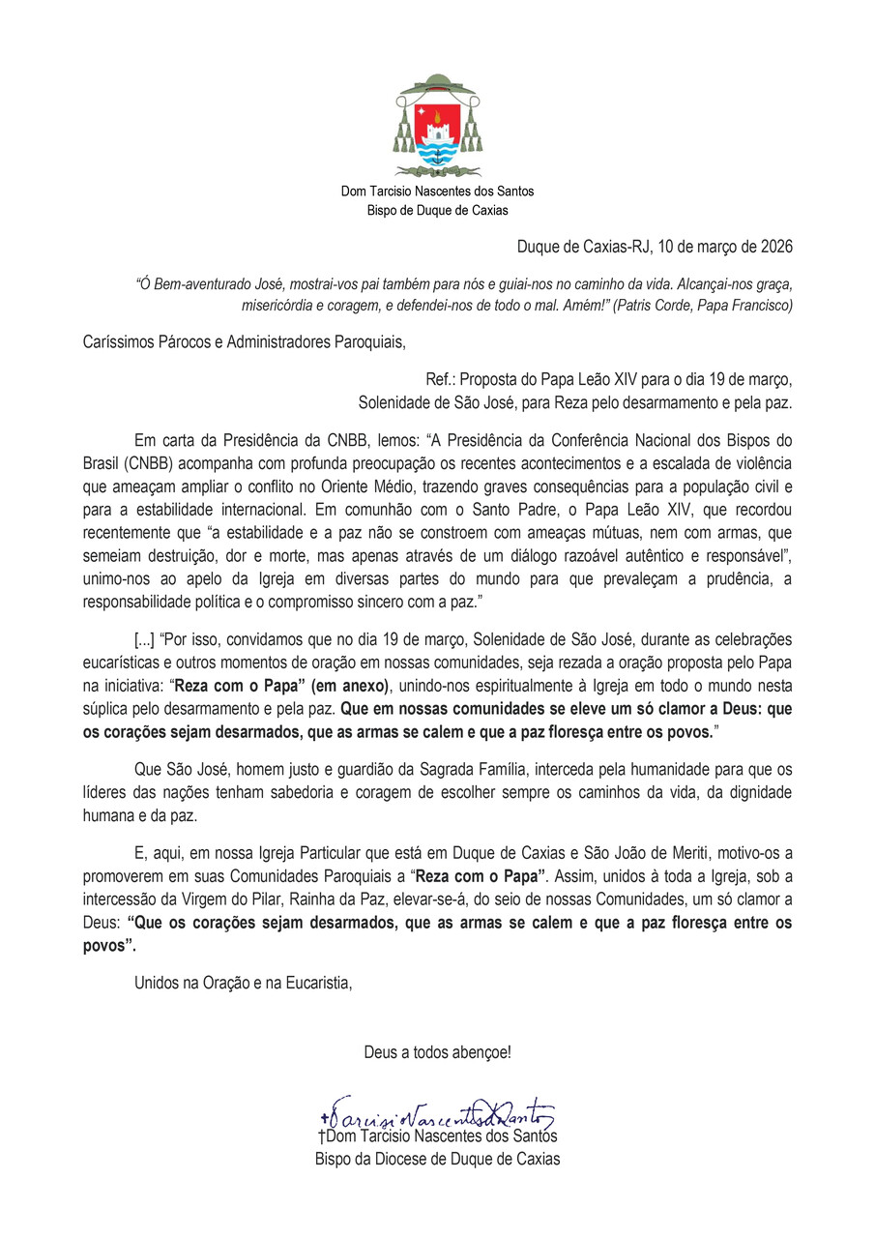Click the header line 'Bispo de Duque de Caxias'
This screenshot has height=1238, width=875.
point(437,210)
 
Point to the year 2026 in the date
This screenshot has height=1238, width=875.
point(773,246)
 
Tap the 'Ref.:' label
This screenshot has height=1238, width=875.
point(442,378)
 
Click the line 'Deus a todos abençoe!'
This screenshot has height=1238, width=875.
point(437,1051)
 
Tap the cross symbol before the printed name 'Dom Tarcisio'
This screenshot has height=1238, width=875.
point(321,1138)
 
